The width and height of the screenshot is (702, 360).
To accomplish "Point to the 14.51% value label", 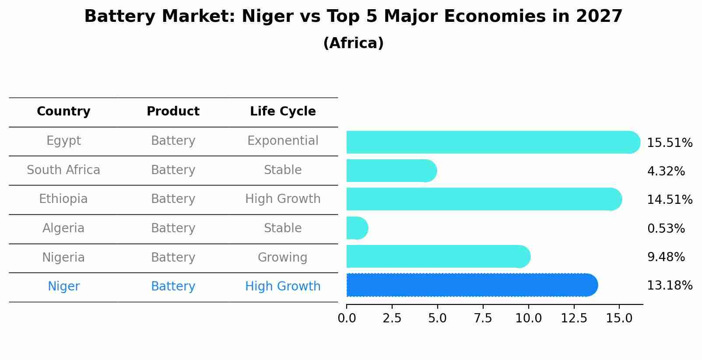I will tap(669, 200).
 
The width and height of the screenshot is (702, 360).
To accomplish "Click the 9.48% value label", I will tap(666, 257).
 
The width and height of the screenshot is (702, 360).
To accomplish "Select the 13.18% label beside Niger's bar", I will tap(669, 286).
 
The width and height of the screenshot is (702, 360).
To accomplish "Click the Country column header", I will tap(63, 112).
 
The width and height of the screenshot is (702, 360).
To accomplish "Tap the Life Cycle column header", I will tap(283, 112).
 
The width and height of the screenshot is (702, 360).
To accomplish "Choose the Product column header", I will tap(173, 112).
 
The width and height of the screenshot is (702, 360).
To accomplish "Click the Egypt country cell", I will tap(63, 141).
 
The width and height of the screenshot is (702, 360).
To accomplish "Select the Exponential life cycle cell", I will tap(283, 141).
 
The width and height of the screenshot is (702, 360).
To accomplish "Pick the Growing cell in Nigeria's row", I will tap(282, 257).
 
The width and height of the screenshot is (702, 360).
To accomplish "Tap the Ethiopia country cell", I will tap(63, 199).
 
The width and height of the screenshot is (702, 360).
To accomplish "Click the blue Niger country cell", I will tap(63, 287).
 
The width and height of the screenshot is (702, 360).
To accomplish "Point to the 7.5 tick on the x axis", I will tap(483, 318).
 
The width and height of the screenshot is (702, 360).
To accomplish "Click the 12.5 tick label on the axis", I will tap(574, 318).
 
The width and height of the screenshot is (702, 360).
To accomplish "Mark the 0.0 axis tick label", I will tap(347, 318).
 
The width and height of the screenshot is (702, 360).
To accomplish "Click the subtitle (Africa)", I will tap(353, 43).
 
